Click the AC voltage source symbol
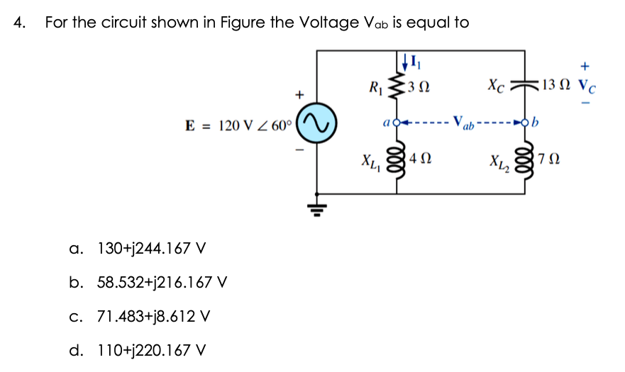click(316, 125)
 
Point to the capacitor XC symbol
click(526, 85)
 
